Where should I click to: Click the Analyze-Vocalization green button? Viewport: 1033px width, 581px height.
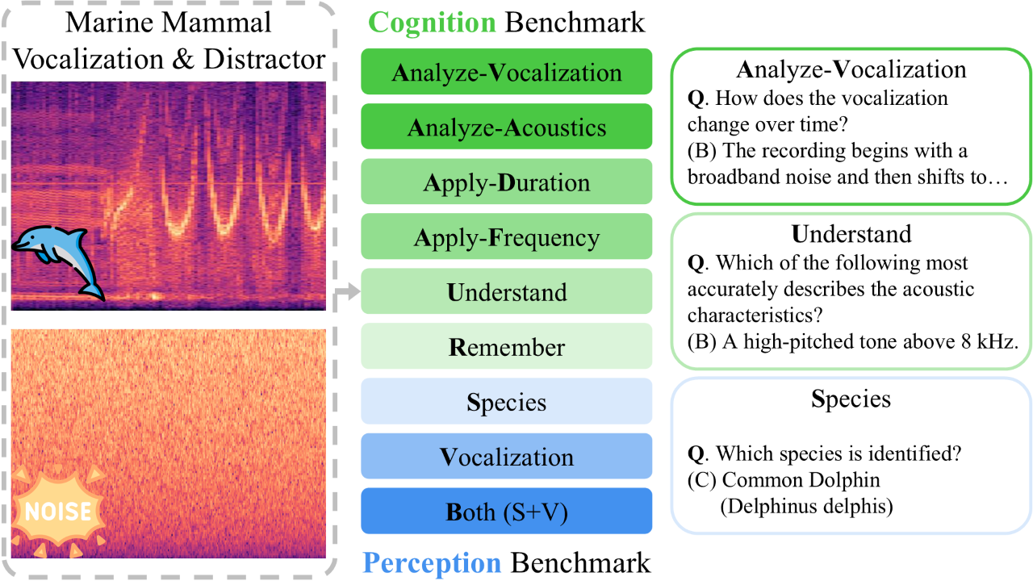coord(506,72)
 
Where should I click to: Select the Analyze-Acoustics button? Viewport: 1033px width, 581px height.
coord(506,127)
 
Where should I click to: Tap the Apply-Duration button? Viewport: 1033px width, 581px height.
coord(506,182)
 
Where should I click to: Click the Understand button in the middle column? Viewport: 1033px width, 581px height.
coord(506,291)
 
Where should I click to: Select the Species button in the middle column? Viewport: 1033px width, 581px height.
coord(506,401)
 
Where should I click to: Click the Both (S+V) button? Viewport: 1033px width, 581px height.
coord(506,511)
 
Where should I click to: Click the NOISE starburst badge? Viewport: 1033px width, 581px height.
coord(57,511)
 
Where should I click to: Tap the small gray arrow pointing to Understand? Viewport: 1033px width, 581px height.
coord(348,291)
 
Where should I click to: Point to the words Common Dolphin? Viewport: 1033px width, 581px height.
coord(801,479)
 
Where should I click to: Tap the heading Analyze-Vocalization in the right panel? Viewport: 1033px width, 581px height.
coord(851,69)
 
